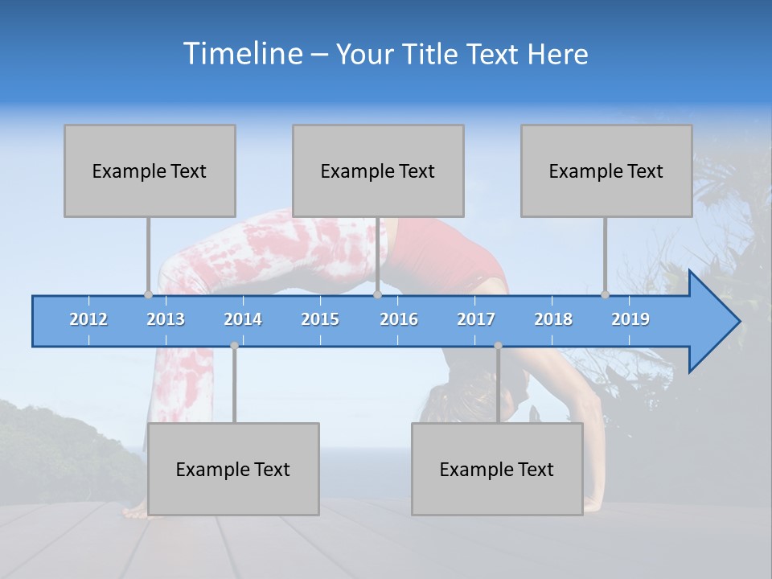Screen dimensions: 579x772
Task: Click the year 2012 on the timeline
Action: tap(88, 319)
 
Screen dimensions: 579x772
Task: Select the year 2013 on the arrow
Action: tap(166, 319)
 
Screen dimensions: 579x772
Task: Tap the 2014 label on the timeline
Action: tap(243, 319)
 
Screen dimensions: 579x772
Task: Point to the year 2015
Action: tap(320, 319)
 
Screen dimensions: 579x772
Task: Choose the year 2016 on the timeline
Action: tap(399, 319)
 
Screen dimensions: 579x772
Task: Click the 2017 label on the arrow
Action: tap(476, 319)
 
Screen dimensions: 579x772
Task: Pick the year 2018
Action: tap(553, 319)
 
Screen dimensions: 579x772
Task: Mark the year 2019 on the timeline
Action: tap(630, 319)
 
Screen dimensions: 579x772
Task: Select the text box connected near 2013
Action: tap(150, 170)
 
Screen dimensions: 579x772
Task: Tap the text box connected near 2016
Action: tap(378, 170)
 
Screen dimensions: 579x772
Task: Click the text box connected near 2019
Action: tap(606, 170)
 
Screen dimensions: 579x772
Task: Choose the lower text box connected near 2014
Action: tap(233, 469)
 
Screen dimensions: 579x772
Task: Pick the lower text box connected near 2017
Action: tap(497, 469)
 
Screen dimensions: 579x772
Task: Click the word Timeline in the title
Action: tap(242, 53)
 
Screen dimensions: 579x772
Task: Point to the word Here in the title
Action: tap(557, 55)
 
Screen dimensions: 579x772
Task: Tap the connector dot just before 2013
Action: tap(148, 294)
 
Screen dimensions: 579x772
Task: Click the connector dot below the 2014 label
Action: tap(234, 346)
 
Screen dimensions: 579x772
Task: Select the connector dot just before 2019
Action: tap(605, 294)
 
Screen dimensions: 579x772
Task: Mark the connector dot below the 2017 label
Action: tap(498, 346)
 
